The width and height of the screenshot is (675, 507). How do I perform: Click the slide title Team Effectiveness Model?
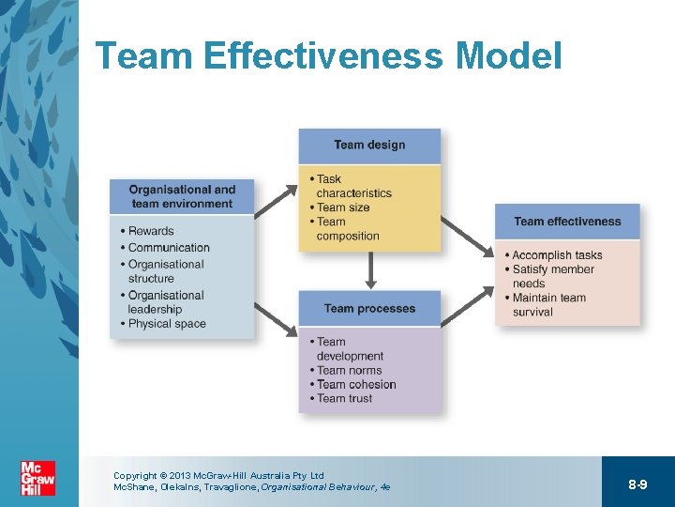tap(328, 56)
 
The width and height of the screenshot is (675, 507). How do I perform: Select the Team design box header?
tap(369, 146)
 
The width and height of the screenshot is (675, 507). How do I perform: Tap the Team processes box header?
tap(369, 309)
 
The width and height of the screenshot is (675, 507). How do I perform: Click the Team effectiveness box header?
tap(567, 222)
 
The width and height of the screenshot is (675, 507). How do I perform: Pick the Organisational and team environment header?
tap(182, 196)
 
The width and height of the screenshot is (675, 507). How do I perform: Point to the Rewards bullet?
tap(150, 231)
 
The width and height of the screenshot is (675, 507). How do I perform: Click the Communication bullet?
tap(168, 248)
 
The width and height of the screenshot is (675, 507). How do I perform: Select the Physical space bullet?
tap(166, 324)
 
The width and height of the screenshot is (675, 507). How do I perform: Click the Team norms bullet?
tap(348, 370)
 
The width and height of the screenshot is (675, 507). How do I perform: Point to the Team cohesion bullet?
tap(355, 384)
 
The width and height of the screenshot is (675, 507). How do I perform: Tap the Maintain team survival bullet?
tap(547, 305)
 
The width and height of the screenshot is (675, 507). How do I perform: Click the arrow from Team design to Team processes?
tap(370, 270)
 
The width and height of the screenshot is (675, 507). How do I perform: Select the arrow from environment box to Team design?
tap(276, 200)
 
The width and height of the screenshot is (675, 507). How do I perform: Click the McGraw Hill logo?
tap(38, 479)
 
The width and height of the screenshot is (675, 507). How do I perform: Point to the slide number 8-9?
tap(637, 484)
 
